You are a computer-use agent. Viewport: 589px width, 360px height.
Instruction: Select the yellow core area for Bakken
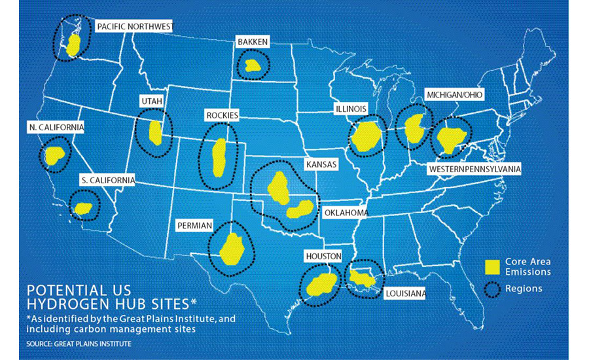click(252, 65)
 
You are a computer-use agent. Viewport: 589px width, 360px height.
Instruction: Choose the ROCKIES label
click(222, 116)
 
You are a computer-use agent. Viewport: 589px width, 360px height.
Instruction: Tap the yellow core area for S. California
click(83, 209)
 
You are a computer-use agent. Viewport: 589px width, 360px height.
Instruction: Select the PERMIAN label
click(194, 225)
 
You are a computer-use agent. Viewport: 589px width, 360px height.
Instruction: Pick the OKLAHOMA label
click(346, 213)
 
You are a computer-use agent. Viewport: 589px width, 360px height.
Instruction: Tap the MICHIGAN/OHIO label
click(454, 95)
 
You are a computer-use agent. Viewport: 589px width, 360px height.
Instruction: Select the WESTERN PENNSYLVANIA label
click(474, 170)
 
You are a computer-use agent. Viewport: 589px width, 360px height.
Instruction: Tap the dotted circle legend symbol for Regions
click(493, 288)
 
